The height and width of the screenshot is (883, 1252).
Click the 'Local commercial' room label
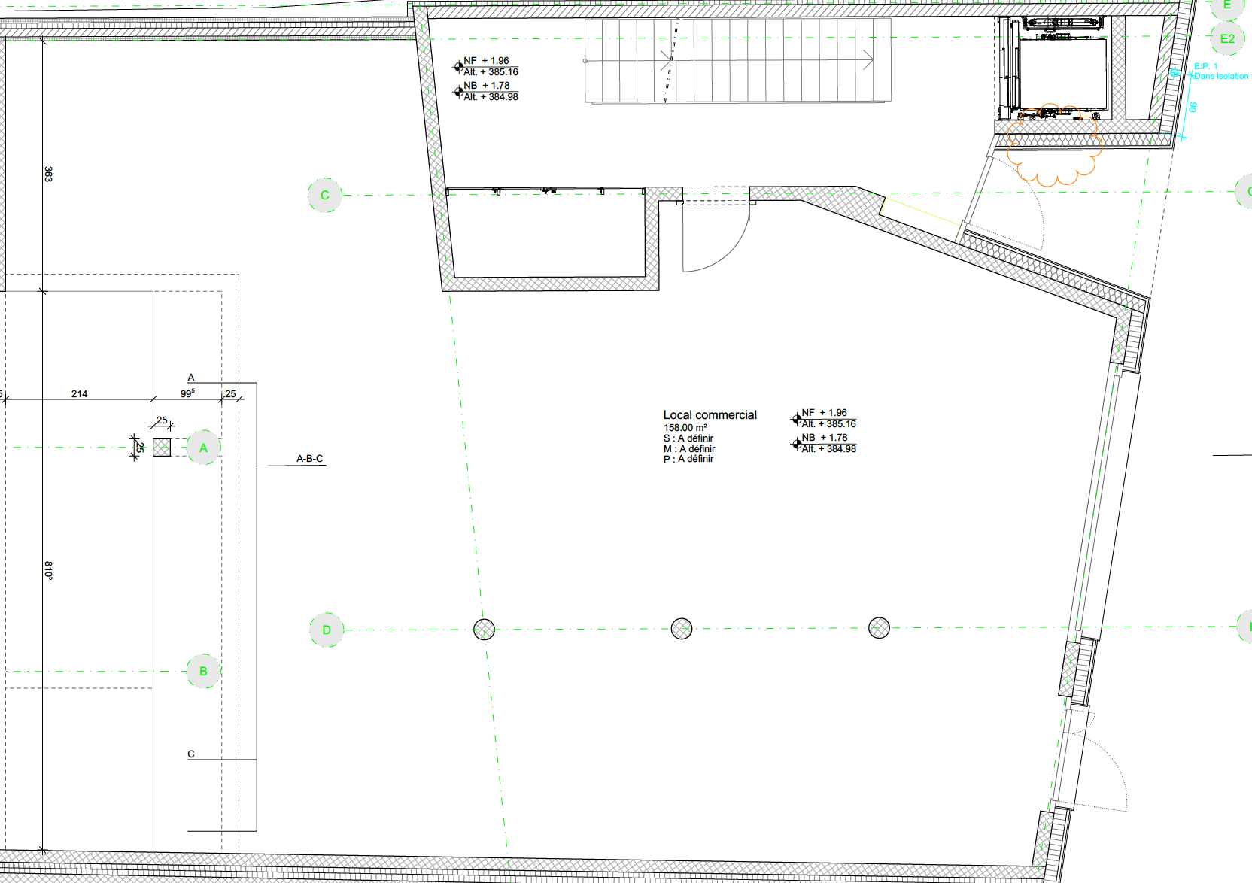pos(710,415)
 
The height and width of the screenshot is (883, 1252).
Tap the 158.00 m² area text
pos(685,428)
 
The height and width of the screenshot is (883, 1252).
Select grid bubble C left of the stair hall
pos(325,195)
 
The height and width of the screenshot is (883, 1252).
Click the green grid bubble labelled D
pos(327,630)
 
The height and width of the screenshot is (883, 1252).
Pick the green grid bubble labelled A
pos(203,448)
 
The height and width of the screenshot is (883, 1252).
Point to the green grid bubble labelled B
pos(203,671)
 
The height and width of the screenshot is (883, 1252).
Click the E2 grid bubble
pos(1227,38)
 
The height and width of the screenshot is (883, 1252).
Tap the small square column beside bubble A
pos(162,448)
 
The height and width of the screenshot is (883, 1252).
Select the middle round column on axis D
pos(682,629)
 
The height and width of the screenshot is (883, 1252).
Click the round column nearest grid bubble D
pos(484,630)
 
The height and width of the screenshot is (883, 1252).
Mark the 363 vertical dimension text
pos(48,174)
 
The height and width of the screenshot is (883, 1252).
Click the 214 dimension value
pos(79,394)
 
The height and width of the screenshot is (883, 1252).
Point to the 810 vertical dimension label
pos(49,571)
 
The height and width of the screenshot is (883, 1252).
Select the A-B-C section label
pos(310,459)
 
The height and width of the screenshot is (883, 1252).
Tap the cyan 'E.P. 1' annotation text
pos(1205,66)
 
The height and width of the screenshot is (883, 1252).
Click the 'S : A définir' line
pos(688,438)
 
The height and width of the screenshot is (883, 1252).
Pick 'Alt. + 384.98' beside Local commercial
pos(828,449)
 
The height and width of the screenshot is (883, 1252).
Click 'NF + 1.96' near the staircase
pos(486,61)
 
